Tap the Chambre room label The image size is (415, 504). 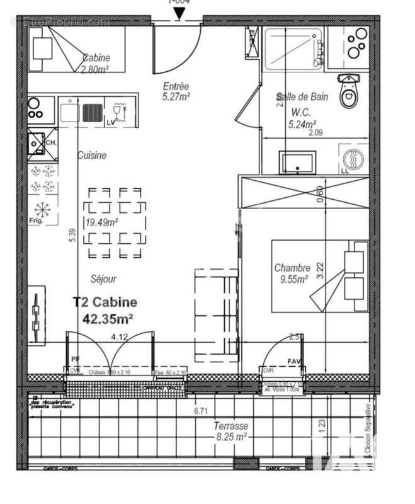pyautogui.click(x=291, y=268)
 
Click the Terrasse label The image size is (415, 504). pyautogui.click(x=230, y=426)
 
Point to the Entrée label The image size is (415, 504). pyautogui.click(x=176, y=86)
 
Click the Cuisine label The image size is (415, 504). pyautogui.click(x=92, y=155)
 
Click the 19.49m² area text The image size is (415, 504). pyautogui.click(x=101, y=221)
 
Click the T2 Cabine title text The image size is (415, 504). pyautogui.click(x=105, y=303)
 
